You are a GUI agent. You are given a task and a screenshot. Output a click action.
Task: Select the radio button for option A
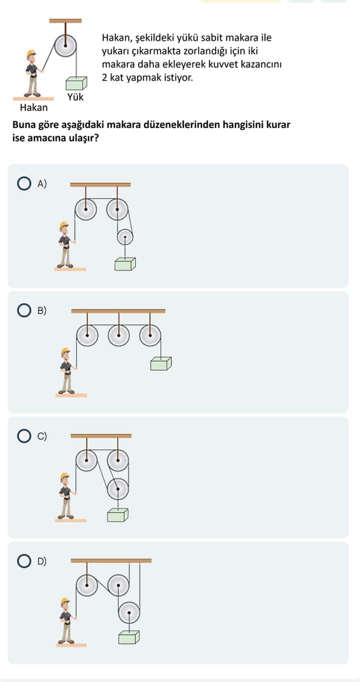[x=24, y=183]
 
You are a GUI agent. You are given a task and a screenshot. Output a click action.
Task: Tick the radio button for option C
[x=24, y=435]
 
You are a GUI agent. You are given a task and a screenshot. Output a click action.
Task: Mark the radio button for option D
[x=24, y=561]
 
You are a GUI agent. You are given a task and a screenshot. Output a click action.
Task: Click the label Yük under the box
[x=75, y=97]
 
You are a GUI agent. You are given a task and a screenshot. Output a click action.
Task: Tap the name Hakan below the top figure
[x=34, y=107]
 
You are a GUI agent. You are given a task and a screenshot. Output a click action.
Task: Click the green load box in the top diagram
[x=76, y=83]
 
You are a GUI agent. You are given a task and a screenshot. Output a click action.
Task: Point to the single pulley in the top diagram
[x=65, y=46]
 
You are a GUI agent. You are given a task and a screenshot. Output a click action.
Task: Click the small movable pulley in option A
[x=125, y=237]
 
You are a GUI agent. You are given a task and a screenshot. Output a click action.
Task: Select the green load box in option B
[x=161, y=363]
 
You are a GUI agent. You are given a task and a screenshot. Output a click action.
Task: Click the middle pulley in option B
[x=118, y=335]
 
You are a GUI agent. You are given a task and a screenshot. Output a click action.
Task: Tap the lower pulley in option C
[x=118, y=489]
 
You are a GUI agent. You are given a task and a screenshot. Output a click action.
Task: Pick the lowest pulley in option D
[x=129, y=612]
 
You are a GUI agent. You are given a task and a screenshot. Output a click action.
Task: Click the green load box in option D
[x=129, y=637]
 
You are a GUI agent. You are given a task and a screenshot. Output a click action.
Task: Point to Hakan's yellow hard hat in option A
[x=64, y=224]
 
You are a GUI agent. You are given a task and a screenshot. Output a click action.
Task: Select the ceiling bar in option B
[x=118, y=311]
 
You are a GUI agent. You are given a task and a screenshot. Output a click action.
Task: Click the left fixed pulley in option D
[x=87, y=585]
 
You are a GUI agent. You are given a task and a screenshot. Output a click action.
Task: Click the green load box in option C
[x=117, y=515]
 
